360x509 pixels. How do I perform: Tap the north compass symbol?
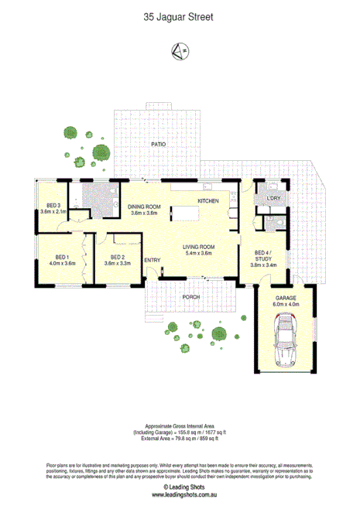click(x=179, y=51)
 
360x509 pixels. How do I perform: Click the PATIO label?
click(x=159, y=145)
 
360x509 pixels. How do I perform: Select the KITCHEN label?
click(x=208, y=201)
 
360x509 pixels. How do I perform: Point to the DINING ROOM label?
click(x=143, y=207)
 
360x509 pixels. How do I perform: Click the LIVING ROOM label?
click(x=200, y=247)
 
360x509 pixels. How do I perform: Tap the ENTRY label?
click(x=152, y=260)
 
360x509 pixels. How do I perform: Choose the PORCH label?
click(x=192, y=296)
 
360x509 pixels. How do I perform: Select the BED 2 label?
click(x=118, y=257)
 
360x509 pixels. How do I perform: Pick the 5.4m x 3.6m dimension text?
click(x=200, y=253)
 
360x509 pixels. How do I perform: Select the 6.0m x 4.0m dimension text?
click(x=285, y=304)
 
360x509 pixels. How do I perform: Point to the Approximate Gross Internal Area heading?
click(x=180, y=426)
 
